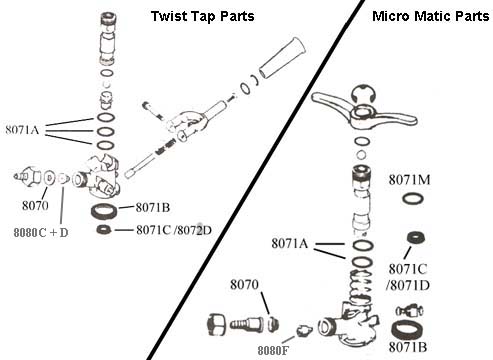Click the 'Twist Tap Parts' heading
(202, 16)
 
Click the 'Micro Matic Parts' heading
(431, 16)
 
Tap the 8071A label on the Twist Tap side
(22, 130)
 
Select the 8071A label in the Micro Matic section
(289, 243)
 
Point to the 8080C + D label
(41, 232)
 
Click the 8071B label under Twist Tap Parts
(153, 208)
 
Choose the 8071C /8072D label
(174, 230)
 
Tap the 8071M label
(409, 180)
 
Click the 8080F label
(273, 350)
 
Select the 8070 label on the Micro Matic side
(244, 285)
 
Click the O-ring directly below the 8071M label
(413, 199)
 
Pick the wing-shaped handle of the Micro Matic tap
(363, 112)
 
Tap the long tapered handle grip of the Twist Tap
(282, 57)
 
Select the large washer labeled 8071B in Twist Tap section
(104, 211)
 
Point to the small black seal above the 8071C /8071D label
(416, 237)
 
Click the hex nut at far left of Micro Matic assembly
(216, 323)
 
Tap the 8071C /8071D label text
(408, 277)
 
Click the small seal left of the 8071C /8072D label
(104, 229)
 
